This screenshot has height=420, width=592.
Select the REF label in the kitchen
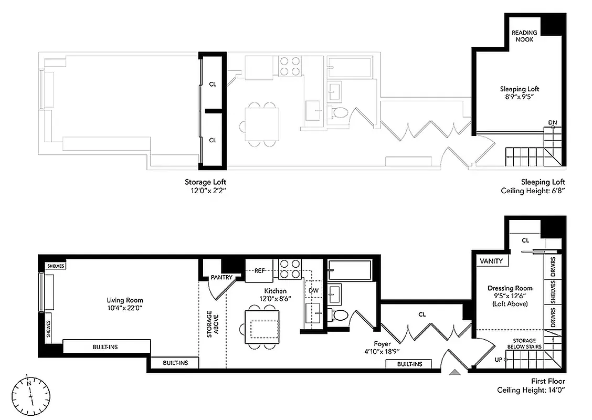point(260,271)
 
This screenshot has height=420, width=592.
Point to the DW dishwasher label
point(314,290)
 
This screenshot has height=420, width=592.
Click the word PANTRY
point(221,277)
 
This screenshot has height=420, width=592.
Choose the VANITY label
point(491,261)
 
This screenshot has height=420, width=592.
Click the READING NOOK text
point(524,36)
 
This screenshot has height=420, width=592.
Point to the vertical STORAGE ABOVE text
point(212,324)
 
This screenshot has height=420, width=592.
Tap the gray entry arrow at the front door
point(456,372)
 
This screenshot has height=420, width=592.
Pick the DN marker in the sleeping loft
point(552,122)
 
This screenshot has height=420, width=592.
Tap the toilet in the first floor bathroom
point(339,315)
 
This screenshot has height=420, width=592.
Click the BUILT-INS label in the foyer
point(408,364)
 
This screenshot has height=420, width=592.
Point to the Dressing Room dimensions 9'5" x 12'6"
point(510,296)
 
